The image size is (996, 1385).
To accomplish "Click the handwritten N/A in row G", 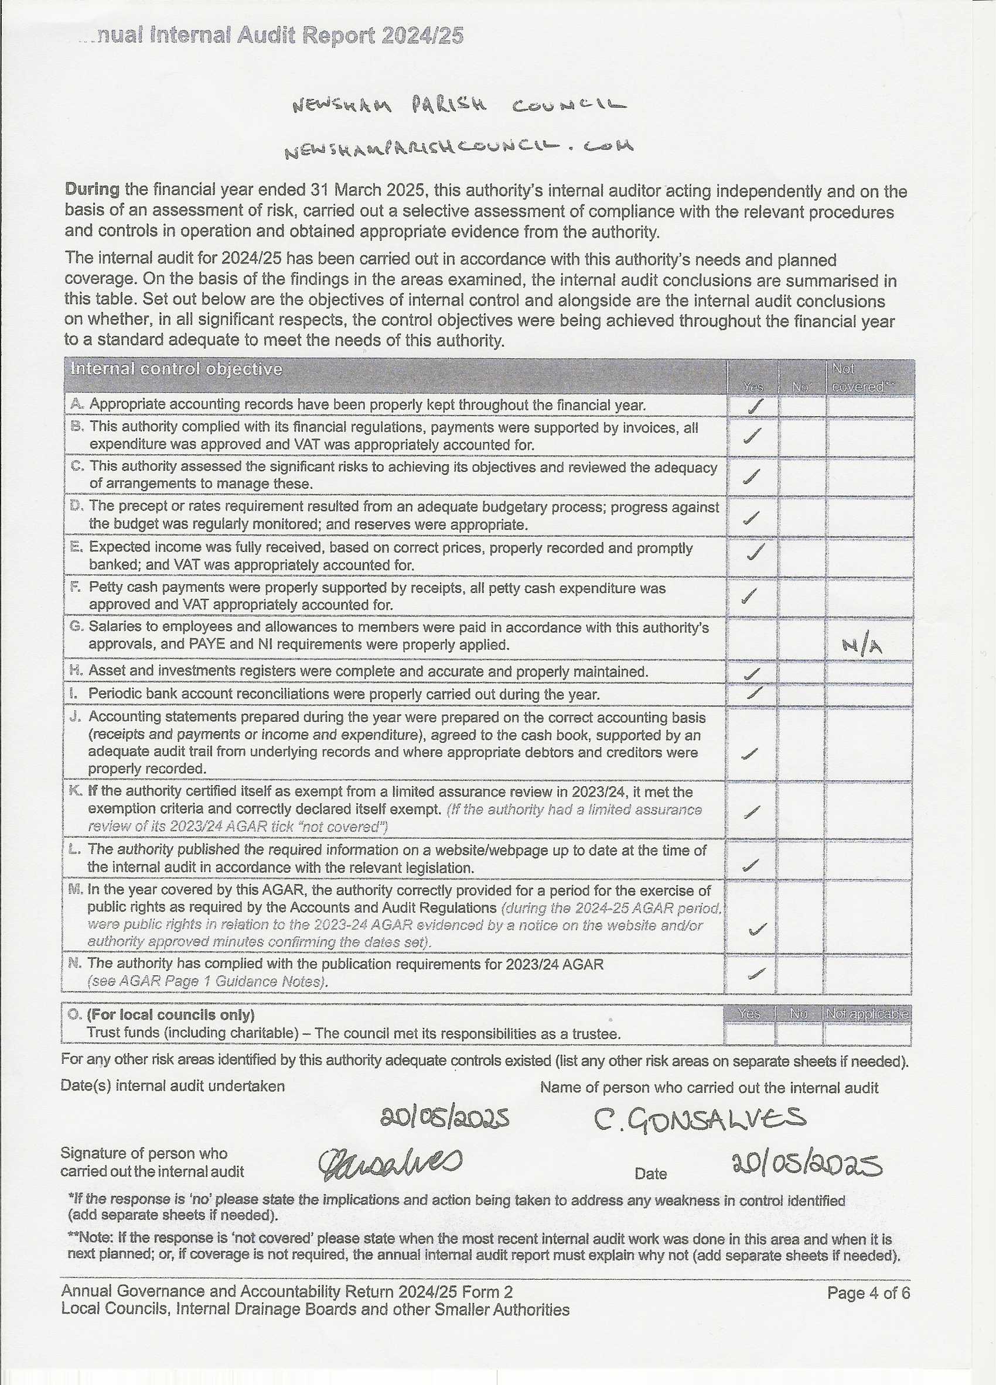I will (x=862, y=646).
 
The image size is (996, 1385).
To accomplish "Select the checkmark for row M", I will (x=758, y=930).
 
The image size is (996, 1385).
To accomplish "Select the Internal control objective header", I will (x=176, y=369).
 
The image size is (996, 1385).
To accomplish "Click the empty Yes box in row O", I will (x=749, y=1034).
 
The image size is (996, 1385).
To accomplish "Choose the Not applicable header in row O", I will (x=867, y=1014).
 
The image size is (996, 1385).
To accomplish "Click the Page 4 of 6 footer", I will (x=868, y=1293).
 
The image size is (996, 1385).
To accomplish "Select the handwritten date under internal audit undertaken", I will (x=444, y=1117).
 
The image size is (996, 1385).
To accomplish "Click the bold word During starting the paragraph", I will (x=92, y=189).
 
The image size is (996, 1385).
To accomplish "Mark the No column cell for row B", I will (x=801, y=436).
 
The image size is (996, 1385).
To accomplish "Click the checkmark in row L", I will (x=751, y=864).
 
